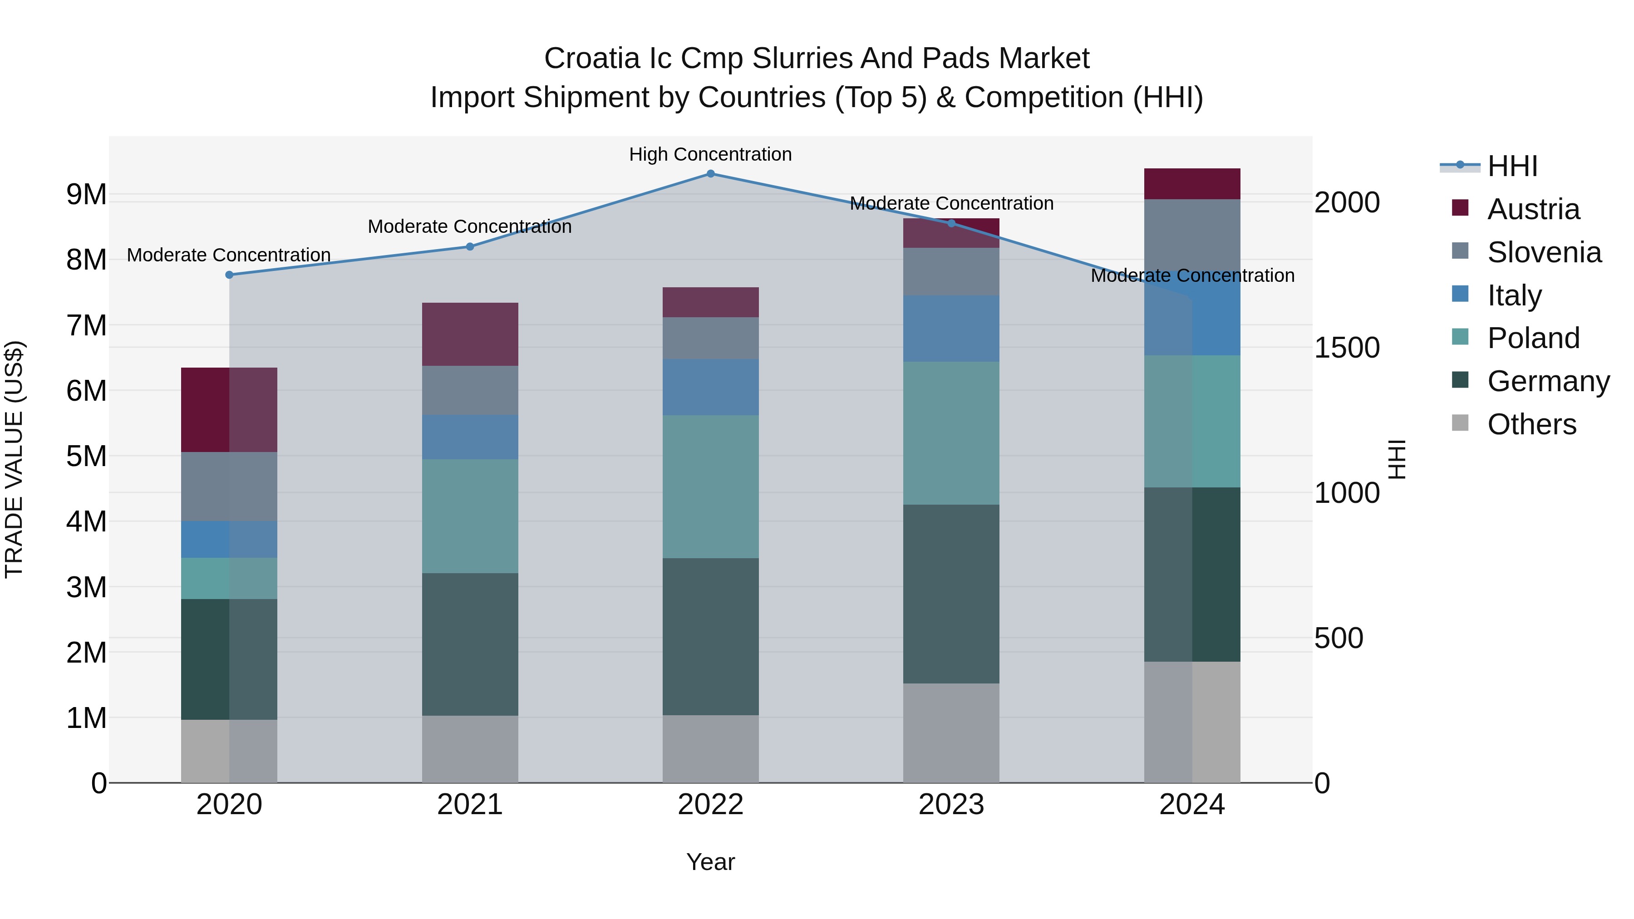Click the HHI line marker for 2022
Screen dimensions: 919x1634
710,174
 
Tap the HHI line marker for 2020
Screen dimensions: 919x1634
230,275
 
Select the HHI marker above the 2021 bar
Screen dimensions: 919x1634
470,247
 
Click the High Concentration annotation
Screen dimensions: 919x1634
710,154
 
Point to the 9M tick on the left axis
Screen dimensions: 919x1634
87,194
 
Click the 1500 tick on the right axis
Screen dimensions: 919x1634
1346,348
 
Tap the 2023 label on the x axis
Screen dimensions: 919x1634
951,805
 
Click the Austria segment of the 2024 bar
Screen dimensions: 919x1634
1192,184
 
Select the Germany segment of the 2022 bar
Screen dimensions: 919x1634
710,636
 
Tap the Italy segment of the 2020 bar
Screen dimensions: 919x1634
229,539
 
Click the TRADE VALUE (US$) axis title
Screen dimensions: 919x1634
14,459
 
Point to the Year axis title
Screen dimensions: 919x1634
710,862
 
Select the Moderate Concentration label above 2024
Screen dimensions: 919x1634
1192,275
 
